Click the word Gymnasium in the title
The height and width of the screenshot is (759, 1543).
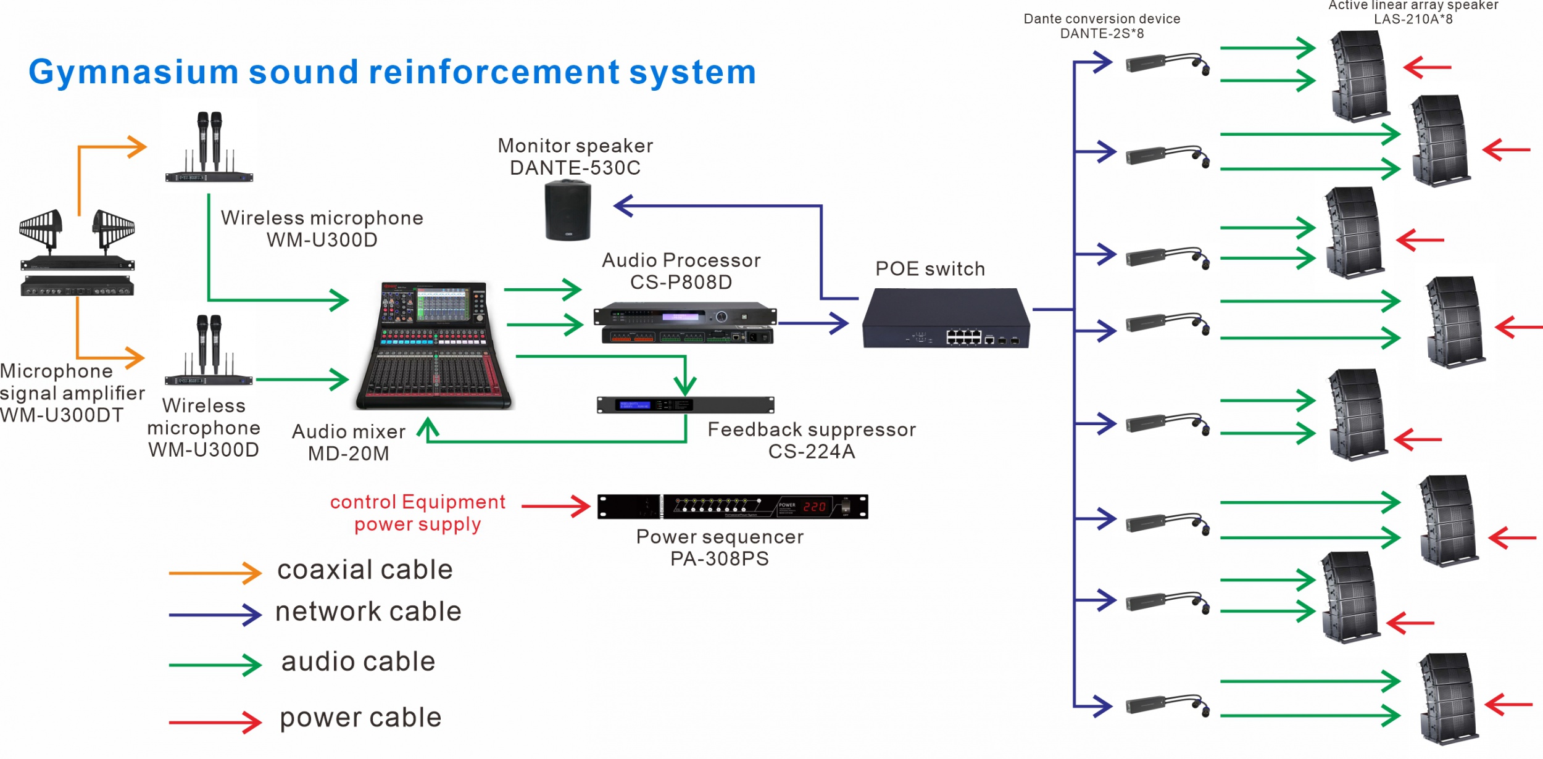tap(133, 73)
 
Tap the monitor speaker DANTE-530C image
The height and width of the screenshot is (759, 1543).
tap(568, 210)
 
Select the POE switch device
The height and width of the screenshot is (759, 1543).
tap(946, 318)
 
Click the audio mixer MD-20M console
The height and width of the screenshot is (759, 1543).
tap(435, 346)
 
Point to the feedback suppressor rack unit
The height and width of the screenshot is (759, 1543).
tap(685, 405)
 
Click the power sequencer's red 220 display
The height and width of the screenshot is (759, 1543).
tap(814, 507)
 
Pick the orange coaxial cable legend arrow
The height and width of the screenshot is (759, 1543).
tap(215, 573)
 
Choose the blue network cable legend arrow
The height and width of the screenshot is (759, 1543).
tap(215, 615)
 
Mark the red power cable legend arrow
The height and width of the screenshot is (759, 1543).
tap(215, 722)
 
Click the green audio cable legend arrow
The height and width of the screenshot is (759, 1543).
tap(215, 665)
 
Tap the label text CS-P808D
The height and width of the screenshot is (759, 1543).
tap(681, 283)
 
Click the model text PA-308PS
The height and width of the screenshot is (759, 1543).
tap(720, 559)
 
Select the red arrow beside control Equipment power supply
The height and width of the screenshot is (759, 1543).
tap(555, 507)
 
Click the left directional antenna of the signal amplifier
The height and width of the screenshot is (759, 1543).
tap(41, 227)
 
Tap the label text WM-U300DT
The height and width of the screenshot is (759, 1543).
tap(62, 415)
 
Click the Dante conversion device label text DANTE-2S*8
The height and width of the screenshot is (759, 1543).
tap(1102, 34)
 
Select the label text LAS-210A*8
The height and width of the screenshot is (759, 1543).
tap(1413, 19)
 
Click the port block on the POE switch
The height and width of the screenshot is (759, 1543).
tap(963, 337)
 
